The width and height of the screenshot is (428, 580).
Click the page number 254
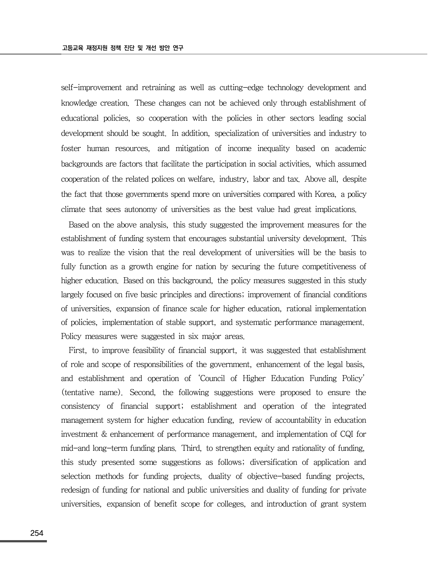pos(37,533)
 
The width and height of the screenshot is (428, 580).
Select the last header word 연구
pos(178,48)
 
